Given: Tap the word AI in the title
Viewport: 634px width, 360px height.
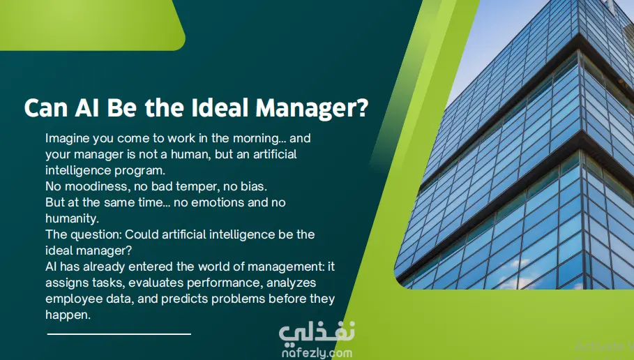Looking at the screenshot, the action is (x=86, y=107).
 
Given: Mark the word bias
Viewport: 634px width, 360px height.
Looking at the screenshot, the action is (x=253, y=186).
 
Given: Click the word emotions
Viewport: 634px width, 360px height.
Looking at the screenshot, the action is (x=218, y=202).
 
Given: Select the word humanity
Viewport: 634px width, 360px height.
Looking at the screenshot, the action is (x=72, y=219).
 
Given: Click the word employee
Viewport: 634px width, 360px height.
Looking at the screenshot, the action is (x=69, y=299).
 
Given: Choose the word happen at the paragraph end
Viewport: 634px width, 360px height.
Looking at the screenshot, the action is (x=68, y=315).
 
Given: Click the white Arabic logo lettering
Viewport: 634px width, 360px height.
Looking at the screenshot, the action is (x=317, y=334).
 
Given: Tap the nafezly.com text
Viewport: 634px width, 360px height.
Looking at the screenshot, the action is (x=317, y=353).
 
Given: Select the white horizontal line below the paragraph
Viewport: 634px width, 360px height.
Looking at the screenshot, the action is (x=119, y=334).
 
